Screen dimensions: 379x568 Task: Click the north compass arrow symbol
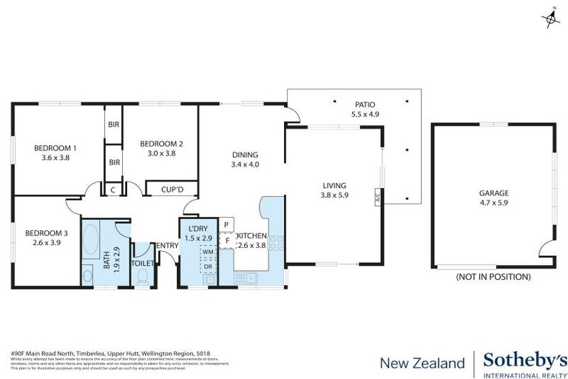pos(551,17)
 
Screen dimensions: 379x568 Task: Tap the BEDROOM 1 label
pos(55,152)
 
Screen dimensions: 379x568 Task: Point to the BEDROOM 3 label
pos(46,238)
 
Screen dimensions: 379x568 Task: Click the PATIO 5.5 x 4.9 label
pos(365,110)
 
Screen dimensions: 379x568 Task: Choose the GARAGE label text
pos(493,198)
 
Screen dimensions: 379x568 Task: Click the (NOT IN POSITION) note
pos(493,277)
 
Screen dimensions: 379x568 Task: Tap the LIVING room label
pos(334,190)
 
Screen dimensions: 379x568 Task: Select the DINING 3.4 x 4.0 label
pos(245,159)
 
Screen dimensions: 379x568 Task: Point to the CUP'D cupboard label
pos(172,189)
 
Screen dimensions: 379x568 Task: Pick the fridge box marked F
pos(227,240)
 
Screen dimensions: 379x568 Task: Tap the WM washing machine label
pos(208,252)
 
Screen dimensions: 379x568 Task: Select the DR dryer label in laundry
pos(208,266)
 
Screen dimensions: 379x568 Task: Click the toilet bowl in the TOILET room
pos(143,275)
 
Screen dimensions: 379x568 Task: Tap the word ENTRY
pos(166,246)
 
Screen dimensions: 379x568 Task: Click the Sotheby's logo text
pos(521,362)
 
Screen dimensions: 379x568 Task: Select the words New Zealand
pos(422,363)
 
